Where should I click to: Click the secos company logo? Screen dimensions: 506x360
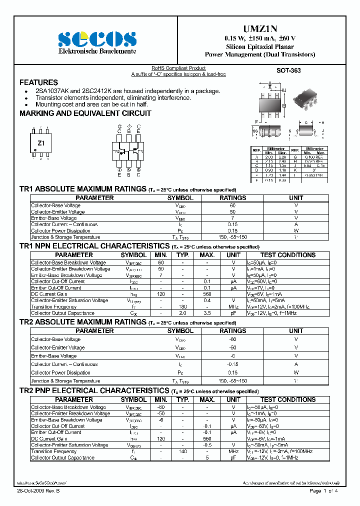[x=97, y=38]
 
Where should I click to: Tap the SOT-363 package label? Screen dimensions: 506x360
[x=288, y=71]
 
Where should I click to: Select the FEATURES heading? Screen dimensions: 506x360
[x=38, y=82]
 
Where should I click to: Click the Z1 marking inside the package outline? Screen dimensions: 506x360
[x=41, y=143]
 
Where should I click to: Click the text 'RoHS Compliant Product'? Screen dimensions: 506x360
[x=178, y=68]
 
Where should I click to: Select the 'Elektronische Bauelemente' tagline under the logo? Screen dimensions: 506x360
[x=97, y=51]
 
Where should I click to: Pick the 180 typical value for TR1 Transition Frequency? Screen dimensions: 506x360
[x=182, y=306]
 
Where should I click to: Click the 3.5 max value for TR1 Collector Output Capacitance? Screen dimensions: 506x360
[x=207, y=313]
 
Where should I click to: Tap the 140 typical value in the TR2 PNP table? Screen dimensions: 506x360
[x=182, y=451]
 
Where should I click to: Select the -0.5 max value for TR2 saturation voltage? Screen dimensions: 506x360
[x=207, y=444]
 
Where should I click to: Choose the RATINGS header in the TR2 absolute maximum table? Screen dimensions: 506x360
[x=233, y=331]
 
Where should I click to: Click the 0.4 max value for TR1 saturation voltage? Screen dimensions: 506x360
[x=207, y=300]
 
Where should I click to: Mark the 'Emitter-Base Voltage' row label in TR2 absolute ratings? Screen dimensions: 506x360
[x=54, y=356]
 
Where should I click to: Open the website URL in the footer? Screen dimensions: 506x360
[x=42, y=483]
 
